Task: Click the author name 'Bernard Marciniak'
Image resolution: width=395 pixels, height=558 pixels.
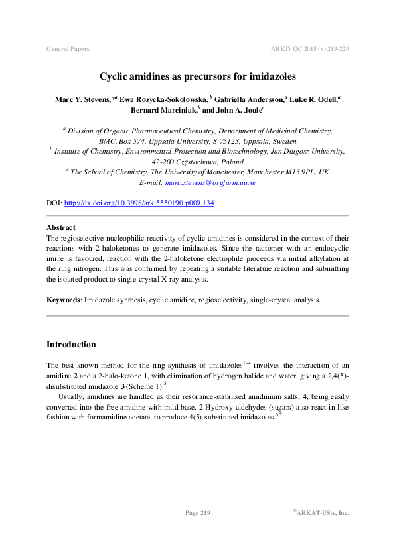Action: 168,111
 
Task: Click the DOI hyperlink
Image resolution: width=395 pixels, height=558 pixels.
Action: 139,203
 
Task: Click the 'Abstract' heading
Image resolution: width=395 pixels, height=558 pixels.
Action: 61,227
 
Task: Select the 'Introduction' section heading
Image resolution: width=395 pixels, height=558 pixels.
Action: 71,345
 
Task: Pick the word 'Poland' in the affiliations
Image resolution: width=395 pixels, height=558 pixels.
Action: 228,162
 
